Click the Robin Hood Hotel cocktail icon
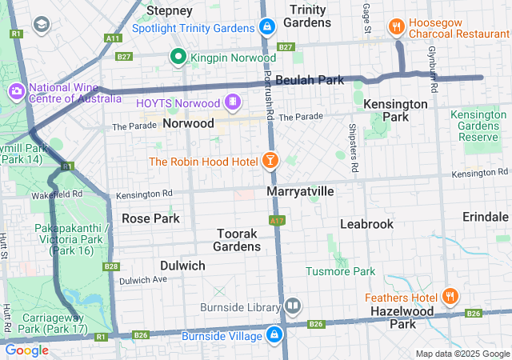coord(270,162)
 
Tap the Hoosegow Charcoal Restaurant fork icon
coord(396,27)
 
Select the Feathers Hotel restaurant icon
coord(450,298)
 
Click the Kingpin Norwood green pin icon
coord(178,58)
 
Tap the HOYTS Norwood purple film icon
coord(232,102)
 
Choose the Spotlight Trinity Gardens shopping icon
coord(267,27)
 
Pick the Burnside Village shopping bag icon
coord(274,334)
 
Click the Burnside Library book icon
coord(293,306)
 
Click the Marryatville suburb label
coord(300,192)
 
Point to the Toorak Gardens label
coord(238,240)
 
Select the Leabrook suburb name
coord(366,224)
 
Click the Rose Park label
coord(150,218)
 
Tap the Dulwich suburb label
coord(182,266)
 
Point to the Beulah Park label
coord(309,80)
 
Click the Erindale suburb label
coord(485,218)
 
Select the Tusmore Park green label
coord(340,271)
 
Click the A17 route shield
coord(277,220)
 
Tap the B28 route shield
coord(111,266)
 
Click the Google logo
coord(26,350)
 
